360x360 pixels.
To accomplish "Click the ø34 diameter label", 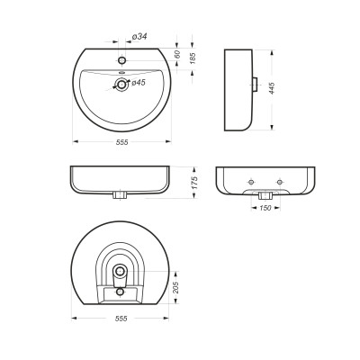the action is pyautogui.click(x=139, y=37).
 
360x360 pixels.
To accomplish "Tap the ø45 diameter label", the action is pyautogui.click(x=139, y=83).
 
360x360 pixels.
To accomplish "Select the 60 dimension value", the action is pyautogui.click(x=177, y=54).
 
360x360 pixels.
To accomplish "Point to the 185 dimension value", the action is pyautogui.click(x=193, y=58).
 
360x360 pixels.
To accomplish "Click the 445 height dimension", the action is pyautogui.click(x=272, y=88).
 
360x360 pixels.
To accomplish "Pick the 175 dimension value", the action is pyautogui.click(x=194, y=183).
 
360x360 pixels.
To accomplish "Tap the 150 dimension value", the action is pyautogui.click(x=265, y=208).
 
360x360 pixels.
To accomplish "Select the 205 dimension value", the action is pyautogui.click(x=176, y=287).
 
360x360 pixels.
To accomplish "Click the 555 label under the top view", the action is pyautogui.click(x=122, y=142).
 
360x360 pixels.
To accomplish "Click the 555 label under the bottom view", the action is pyautogui.click(x=121, y=319).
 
